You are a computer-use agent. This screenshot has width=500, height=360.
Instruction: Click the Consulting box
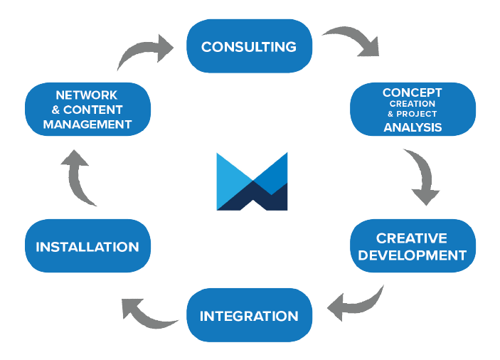248,47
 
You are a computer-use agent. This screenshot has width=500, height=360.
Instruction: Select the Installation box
87,247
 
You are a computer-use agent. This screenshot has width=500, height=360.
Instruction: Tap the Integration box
248,316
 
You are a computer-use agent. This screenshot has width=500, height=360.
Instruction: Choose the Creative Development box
412,246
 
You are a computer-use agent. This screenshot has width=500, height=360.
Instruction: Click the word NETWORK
87,95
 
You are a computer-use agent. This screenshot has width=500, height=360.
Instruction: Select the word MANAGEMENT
87,125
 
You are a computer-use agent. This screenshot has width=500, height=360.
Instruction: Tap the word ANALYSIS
413,128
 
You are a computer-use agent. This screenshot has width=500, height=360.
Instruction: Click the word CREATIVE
412,238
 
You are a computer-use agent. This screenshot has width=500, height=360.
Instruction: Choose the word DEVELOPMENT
412,255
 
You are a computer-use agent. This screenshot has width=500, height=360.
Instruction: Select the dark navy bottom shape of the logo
252,199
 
